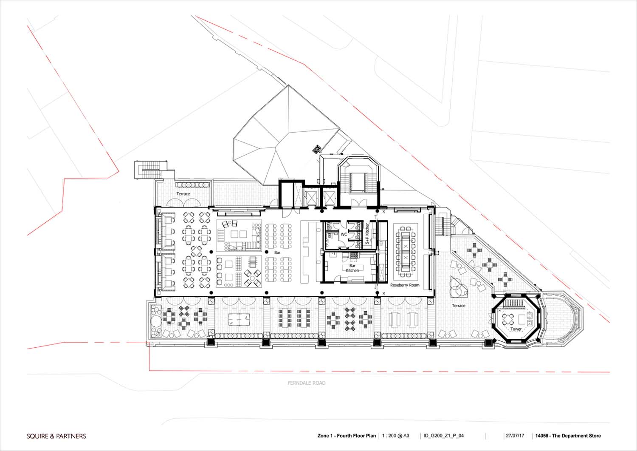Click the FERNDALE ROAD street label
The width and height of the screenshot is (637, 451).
tap(306, 383)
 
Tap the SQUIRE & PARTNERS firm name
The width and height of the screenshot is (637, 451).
tap(56, 436)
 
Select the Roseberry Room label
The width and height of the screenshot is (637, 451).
tap(405, 285)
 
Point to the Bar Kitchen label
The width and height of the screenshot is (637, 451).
tap(352, 268)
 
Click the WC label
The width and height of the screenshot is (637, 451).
tap(344, 235)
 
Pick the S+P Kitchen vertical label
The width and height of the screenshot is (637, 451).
tap(367, 233)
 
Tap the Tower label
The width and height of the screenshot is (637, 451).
tap(516, 329)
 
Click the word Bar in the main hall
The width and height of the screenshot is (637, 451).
tap(277, 252)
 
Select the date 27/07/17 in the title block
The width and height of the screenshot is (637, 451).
tap(515, 436)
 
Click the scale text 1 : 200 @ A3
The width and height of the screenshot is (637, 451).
tap(395, 436)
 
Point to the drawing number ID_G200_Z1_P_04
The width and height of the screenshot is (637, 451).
tap(444, 436)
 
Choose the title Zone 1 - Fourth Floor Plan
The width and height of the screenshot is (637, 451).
tap(347, 436)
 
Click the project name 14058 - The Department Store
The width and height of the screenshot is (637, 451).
tap(568, 436)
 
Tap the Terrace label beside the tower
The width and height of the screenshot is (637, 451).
tap(459, 306)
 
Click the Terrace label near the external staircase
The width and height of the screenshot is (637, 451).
tap(183, 193)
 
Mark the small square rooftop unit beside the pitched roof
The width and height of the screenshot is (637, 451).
tap(317, 149)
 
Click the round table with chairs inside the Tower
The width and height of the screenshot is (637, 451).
tap(508, 319)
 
